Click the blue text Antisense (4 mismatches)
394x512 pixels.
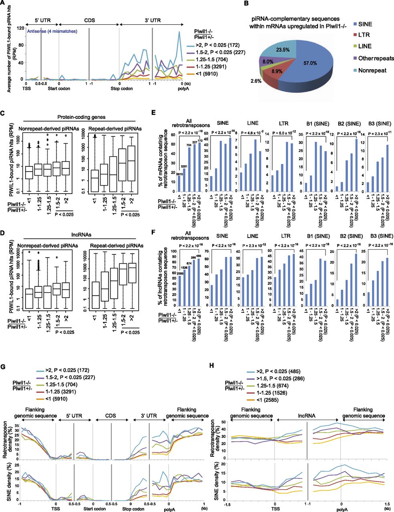point(52,32)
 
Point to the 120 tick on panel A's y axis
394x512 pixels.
point(18,28)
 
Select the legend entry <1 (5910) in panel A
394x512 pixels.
point(204,74)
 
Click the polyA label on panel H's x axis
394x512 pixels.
point(341,505)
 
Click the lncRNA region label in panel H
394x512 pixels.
point(308,410)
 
